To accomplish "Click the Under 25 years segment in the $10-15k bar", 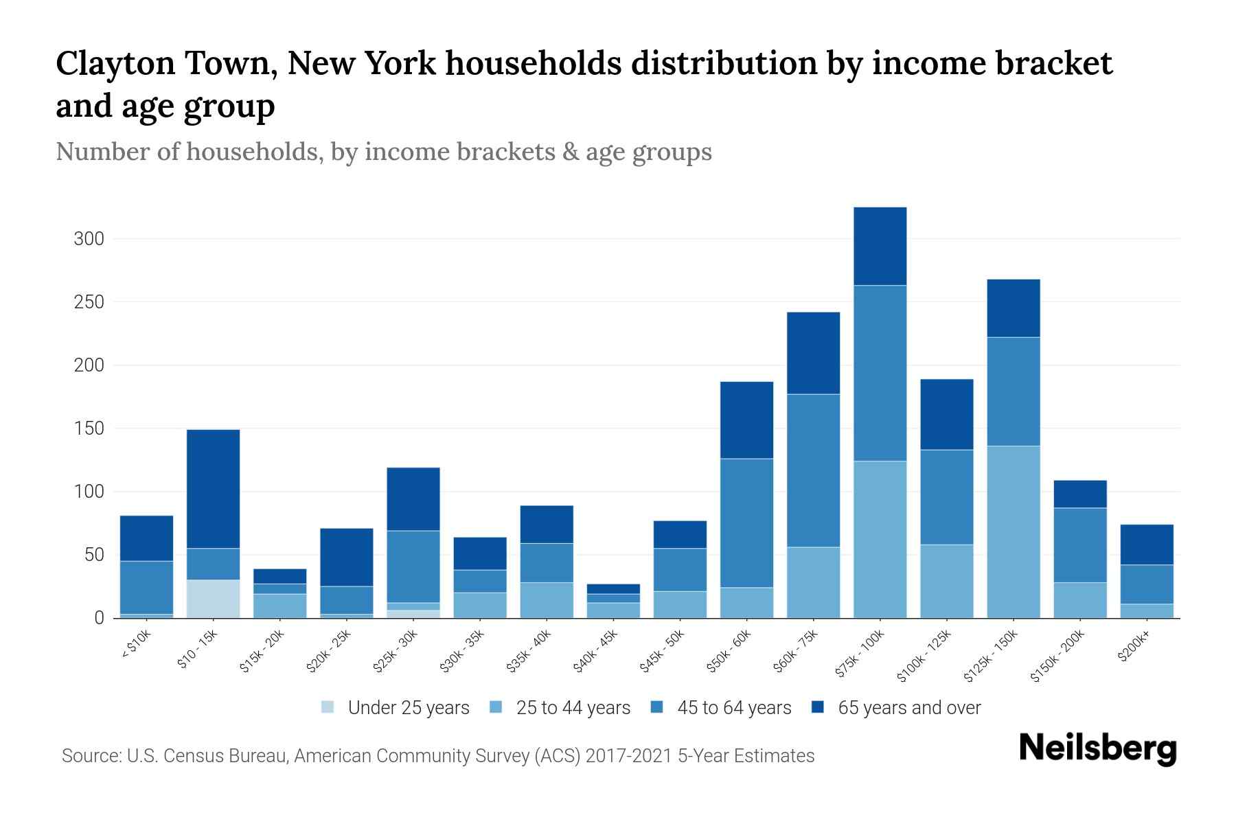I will pos(213,599).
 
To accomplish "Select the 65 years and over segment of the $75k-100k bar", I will pos(880,246).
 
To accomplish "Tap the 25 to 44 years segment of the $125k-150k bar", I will pos(1013,532).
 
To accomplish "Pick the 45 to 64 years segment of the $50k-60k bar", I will pos(746,523).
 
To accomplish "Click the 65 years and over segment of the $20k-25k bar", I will pos(346,557).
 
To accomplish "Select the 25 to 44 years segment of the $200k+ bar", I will pos(1147,610).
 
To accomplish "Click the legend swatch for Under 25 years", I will pos(328,707).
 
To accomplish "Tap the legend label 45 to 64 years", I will pos(733,707).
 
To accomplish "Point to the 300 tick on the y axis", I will pos(89,239).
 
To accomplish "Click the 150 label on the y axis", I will pos(89,428).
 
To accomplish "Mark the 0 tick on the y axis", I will pos(99,618).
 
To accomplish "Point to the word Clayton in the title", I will pos(113,64).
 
